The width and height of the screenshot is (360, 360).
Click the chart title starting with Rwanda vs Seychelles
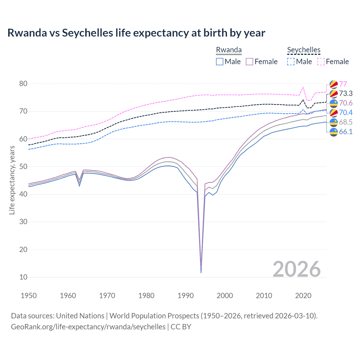[136, 33]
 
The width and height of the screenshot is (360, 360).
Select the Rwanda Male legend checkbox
[220, 62]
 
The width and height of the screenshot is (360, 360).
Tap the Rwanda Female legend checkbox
[249, 62]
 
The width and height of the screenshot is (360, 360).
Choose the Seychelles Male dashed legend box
[291, 62]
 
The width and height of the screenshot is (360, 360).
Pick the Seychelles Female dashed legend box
[321, 62]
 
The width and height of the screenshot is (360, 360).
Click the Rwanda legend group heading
[229, 50]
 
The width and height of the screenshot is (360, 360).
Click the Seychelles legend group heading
[304, 50]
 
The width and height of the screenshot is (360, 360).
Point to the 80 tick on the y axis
[23, 84]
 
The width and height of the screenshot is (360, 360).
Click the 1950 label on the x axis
[29, 296]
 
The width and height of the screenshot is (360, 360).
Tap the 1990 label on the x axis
[186, 296]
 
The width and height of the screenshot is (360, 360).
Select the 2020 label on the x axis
[303, 296]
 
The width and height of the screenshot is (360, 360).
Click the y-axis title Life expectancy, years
[12, 180]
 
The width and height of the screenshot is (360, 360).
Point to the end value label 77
[343, 84]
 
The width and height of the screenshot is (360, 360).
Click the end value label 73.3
[346, 93]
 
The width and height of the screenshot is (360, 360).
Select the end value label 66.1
[346, 132]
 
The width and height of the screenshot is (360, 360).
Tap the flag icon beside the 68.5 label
[334, 122]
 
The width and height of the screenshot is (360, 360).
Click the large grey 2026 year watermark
[296, 269]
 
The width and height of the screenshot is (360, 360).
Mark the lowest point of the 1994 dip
[201, 273]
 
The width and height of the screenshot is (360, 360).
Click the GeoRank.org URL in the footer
[88, 327]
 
